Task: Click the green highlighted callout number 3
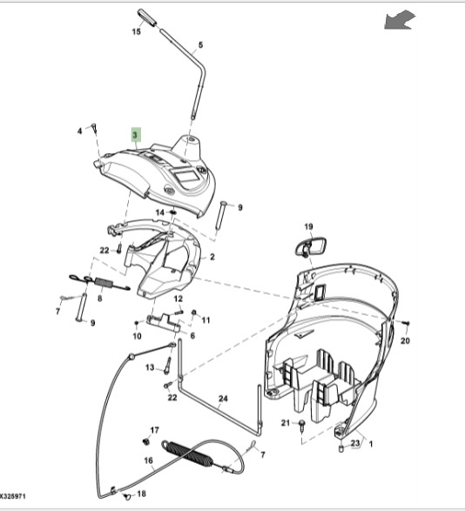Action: (136, 135)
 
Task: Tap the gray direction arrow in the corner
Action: (400, 19)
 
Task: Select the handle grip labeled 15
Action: (147, 17)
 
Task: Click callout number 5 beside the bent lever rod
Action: (200, 45)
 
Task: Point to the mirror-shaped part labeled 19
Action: (311, 247)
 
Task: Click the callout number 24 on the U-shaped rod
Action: (223, 399)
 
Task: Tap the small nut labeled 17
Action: (145, 442)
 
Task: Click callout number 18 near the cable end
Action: (141, 494)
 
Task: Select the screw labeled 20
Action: (407, 323)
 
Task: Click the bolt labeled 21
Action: (301, 425)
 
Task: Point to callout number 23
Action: (354, 442)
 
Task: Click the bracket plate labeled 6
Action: (164, 323)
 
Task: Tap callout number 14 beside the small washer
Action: (159, 212)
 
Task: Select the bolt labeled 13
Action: (168, 366)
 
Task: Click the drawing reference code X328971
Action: (12, 496)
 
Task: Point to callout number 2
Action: (212, 257)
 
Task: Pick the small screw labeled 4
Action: (95, 128)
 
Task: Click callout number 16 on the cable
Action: (148, 461)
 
